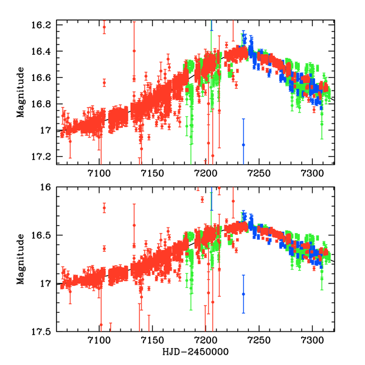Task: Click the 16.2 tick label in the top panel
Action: click(x=43, y=25)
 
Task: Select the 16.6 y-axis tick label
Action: click(x=43, y=78)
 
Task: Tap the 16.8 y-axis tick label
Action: click(x=43, y=104)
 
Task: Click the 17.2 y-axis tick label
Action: click(x=43, y=157)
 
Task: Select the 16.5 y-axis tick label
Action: click(x=43, y=235)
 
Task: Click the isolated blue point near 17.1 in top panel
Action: click(x=243, y=144)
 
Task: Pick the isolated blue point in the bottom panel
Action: click(x=243, y=294)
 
